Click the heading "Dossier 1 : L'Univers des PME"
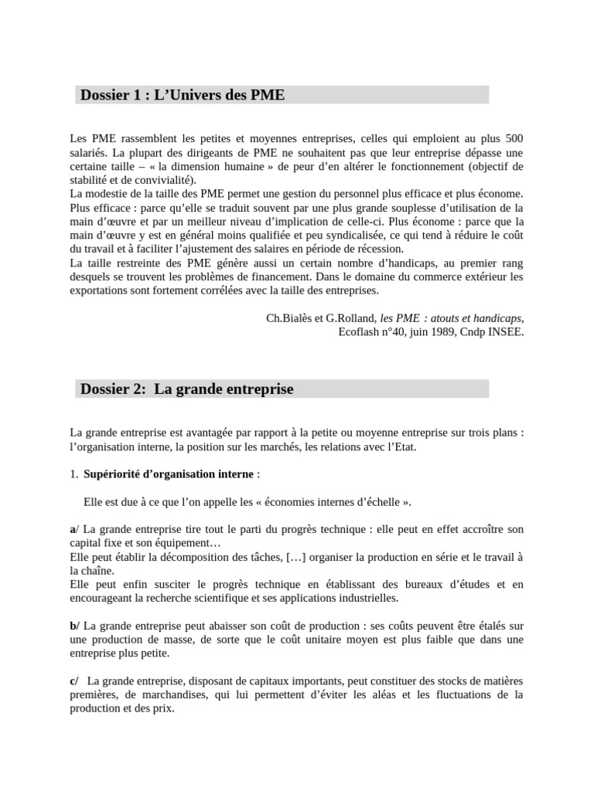[183, 95]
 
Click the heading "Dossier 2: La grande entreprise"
[186, 389]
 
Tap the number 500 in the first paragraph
[514, 138]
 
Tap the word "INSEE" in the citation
[505, 332]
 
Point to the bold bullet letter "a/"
[74, 529]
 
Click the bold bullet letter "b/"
[75, 626]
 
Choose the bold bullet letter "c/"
[74, 681]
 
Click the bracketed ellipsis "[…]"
[295, 557]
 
